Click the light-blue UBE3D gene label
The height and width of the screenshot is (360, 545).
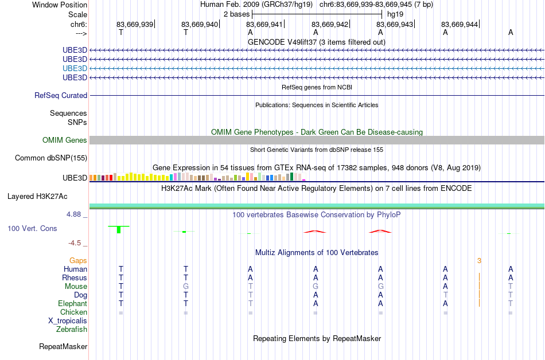tap(75, 68)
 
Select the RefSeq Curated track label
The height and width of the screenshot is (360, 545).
tap(61, 96)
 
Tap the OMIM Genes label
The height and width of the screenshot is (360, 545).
tap(65, 140)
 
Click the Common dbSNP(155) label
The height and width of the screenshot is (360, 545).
tap(51, 158)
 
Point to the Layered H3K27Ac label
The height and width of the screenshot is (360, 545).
tap(37, 197)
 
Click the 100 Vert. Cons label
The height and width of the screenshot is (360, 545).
tap(32, 228)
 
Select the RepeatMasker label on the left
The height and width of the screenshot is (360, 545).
tap(63, 346)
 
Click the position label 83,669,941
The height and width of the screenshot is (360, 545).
tap(264, 24)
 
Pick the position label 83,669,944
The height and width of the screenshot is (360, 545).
tap(460, 24)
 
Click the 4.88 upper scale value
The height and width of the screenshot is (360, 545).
tap(73, 214)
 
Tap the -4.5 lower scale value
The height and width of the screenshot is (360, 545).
tap(75, 243)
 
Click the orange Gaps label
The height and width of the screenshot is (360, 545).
tap(78, 261)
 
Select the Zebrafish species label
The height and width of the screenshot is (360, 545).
tap(72, 329)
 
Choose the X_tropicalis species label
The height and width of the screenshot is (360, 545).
tap(68, 321)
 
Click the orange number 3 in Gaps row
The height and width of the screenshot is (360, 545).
tap(479, 261)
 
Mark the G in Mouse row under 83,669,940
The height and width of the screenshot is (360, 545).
tap(186, 287)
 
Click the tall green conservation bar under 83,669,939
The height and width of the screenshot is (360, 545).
tap(119, 229)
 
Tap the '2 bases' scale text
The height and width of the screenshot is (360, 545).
tap(237, 14)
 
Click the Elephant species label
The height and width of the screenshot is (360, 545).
tap(73, 304)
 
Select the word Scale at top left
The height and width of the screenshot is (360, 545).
tap(78, 14)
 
